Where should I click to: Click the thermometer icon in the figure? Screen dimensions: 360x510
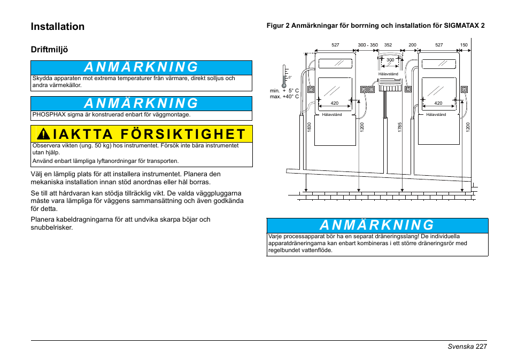(x=285, y=76)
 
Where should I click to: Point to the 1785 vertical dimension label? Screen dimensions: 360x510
(x=399, y=127)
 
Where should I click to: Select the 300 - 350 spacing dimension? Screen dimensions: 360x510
(x=368, y=45)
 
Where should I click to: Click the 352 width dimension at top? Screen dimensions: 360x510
(x=388, y=45)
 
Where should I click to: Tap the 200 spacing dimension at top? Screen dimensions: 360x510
(x=412, y=45)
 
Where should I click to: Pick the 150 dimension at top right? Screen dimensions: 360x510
(x=463, y=45)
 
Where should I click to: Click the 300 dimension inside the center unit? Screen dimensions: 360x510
(x=390, y=60)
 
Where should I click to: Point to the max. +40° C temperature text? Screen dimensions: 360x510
(x=284, y=97)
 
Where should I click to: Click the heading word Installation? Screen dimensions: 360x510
(x=58, y=27)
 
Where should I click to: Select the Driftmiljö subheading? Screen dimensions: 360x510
(x=49, y=50)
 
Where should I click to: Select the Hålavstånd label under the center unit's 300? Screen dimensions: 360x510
(x=388, y=74)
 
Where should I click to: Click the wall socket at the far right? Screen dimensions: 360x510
(x=464, y=89)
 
